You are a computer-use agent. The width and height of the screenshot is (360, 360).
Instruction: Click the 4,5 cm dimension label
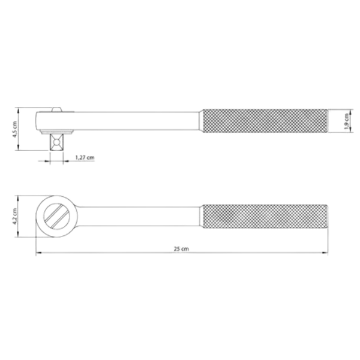pyautogui.click(x=15, y=130)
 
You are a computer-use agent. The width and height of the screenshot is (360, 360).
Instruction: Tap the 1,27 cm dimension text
pyautogui.click(x=85, y=157)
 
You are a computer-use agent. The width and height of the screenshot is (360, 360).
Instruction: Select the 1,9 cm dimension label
pyautogui.click(x=346, y=121)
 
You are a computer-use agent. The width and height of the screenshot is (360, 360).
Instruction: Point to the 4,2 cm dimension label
pyautogui.click(x=14, y=216)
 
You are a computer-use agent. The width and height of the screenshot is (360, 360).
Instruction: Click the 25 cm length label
pyautogui.click(x=181, y=248)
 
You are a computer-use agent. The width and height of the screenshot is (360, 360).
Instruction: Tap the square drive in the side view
pyautogui.click(x=56, y=142)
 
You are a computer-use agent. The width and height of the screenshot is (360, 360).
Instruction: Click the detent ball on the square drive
pyautogui.click(x=56, y=142)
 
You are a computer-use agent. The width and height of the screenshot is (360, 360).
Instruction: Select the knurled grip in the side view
pyautogui.click(x=265, y=121)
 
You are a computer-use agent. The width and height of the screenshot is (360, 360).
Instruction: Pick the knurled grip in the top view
pyautogui.click(x=265, y=216)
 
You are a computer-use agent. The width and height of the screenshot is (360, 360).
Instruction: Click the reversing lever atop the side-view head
pyautogui.click(x=57, y=109)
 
